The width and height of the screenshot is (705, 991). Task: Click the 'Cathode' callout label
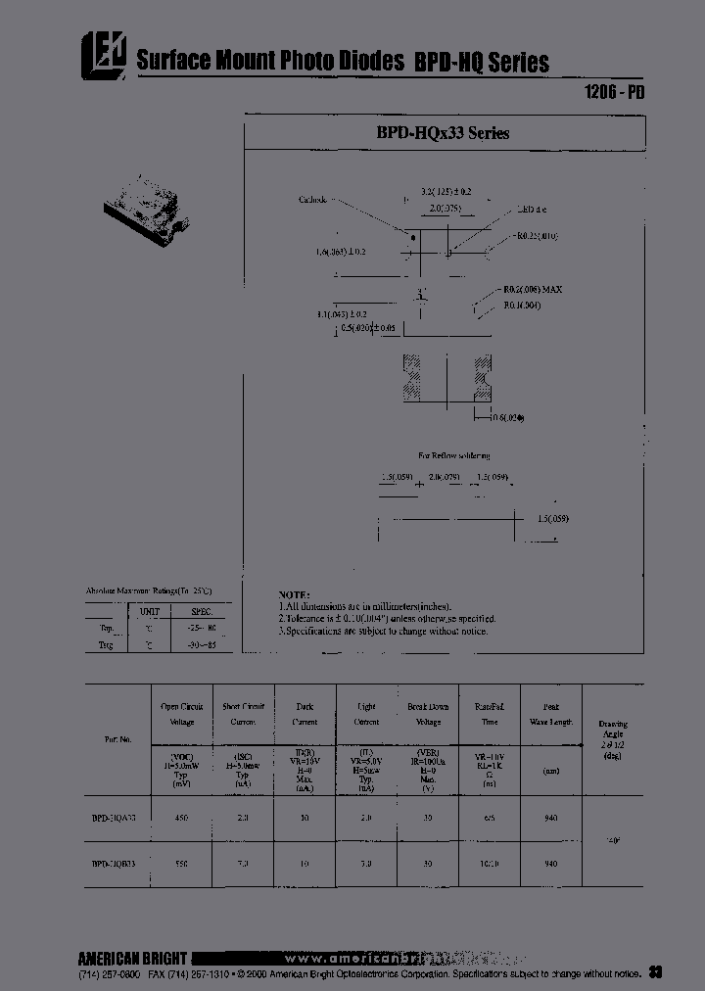pyautogui.click(x=312, y=200)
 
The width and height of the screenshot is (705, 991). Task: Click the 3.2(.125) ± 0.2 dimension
pyautogui.click(x=446, y=192)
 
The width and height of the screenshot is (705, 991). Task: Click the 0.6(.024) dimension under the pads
pyautogui.click(x=505, y=418)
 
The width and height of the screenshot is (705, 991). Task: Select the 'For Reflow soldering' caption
pyautogui.click(x=453, y=456)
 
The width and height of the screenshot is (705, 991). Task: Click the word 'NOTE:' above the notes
pyautogui.click(x=295, y=594)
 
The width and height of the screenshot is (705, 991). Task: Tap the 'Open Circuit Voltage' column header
pyautogui.click(x=181, y=714)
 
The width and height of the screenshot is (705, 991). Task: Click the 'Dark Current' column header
pyautogui.click(x=305, y=714)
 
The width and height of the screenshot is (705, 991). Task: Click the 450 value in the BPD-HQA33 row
pyautogui.click(x=181, y=819)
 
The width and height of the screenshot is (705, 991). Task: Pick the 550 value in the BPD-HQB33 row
pyautogui.click(x=181, y=865)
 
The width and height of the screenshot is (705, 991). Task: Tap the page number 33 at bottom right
pyautogui.click(x=656, y=972)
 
